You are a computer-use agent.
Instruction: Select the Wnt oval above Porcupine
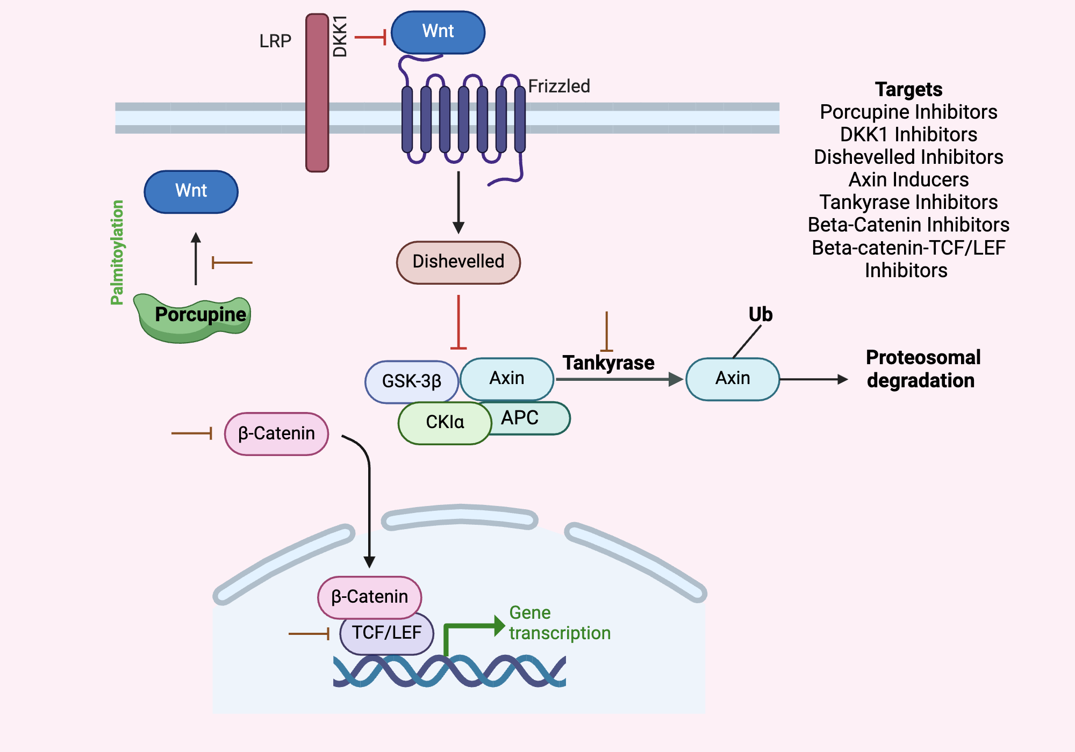coord(191,192)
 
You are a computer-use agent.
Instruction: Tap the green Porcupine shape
coord(193,320)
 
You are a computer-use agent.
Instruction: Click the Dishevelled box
coord(458,262)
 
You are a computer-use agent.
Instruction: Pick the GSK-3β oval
coord(411,381)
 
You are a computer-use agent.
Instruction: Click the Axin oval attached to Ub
coord(733,379)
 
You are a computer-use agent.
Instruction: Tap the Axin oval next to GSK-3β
coord(507,378)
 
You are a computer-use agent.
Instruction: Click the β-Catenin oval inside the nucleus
coord(369,597)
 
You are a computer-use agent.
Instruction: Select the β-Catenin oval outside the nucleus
coord(276,433)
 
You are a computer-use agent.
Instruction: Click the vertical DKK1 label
coord(340,37)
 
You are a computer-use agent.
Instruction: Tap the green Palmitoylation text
coord(117,252)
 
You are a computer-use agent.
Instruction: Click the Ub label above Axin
coord(761,315)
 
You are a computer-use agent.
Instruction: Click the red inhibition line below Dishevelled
coord(458,322)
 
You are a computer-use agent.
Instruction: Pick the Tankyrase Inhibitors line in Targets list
coord(908,202)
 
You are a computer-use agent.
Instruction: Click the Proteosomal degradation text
coord(923,369)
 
